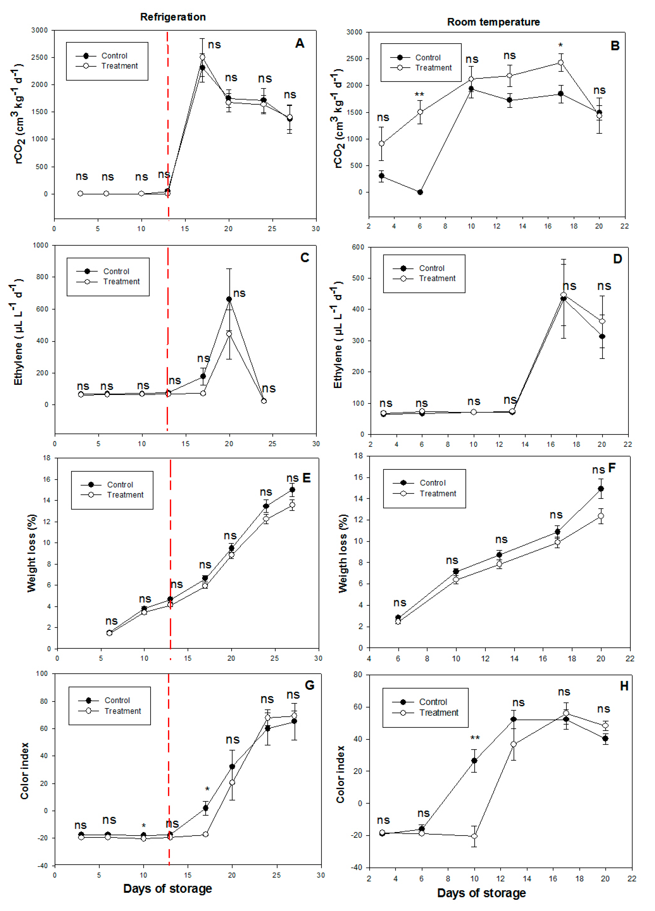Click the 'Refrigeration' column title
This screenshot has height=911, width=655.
tap(173, 17)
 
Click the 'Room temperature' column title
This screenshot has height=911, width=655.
tap(493, 22)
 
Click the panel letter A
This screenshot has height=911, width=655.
tap(300, 43)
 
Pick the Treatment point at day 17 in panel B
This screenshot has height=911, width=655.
tap(561, 63)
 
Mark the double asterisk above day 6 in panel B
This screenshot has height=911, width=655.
tap(419, 95)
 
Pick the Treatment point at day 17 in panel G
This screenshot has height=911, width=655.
tap(206, 834)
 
